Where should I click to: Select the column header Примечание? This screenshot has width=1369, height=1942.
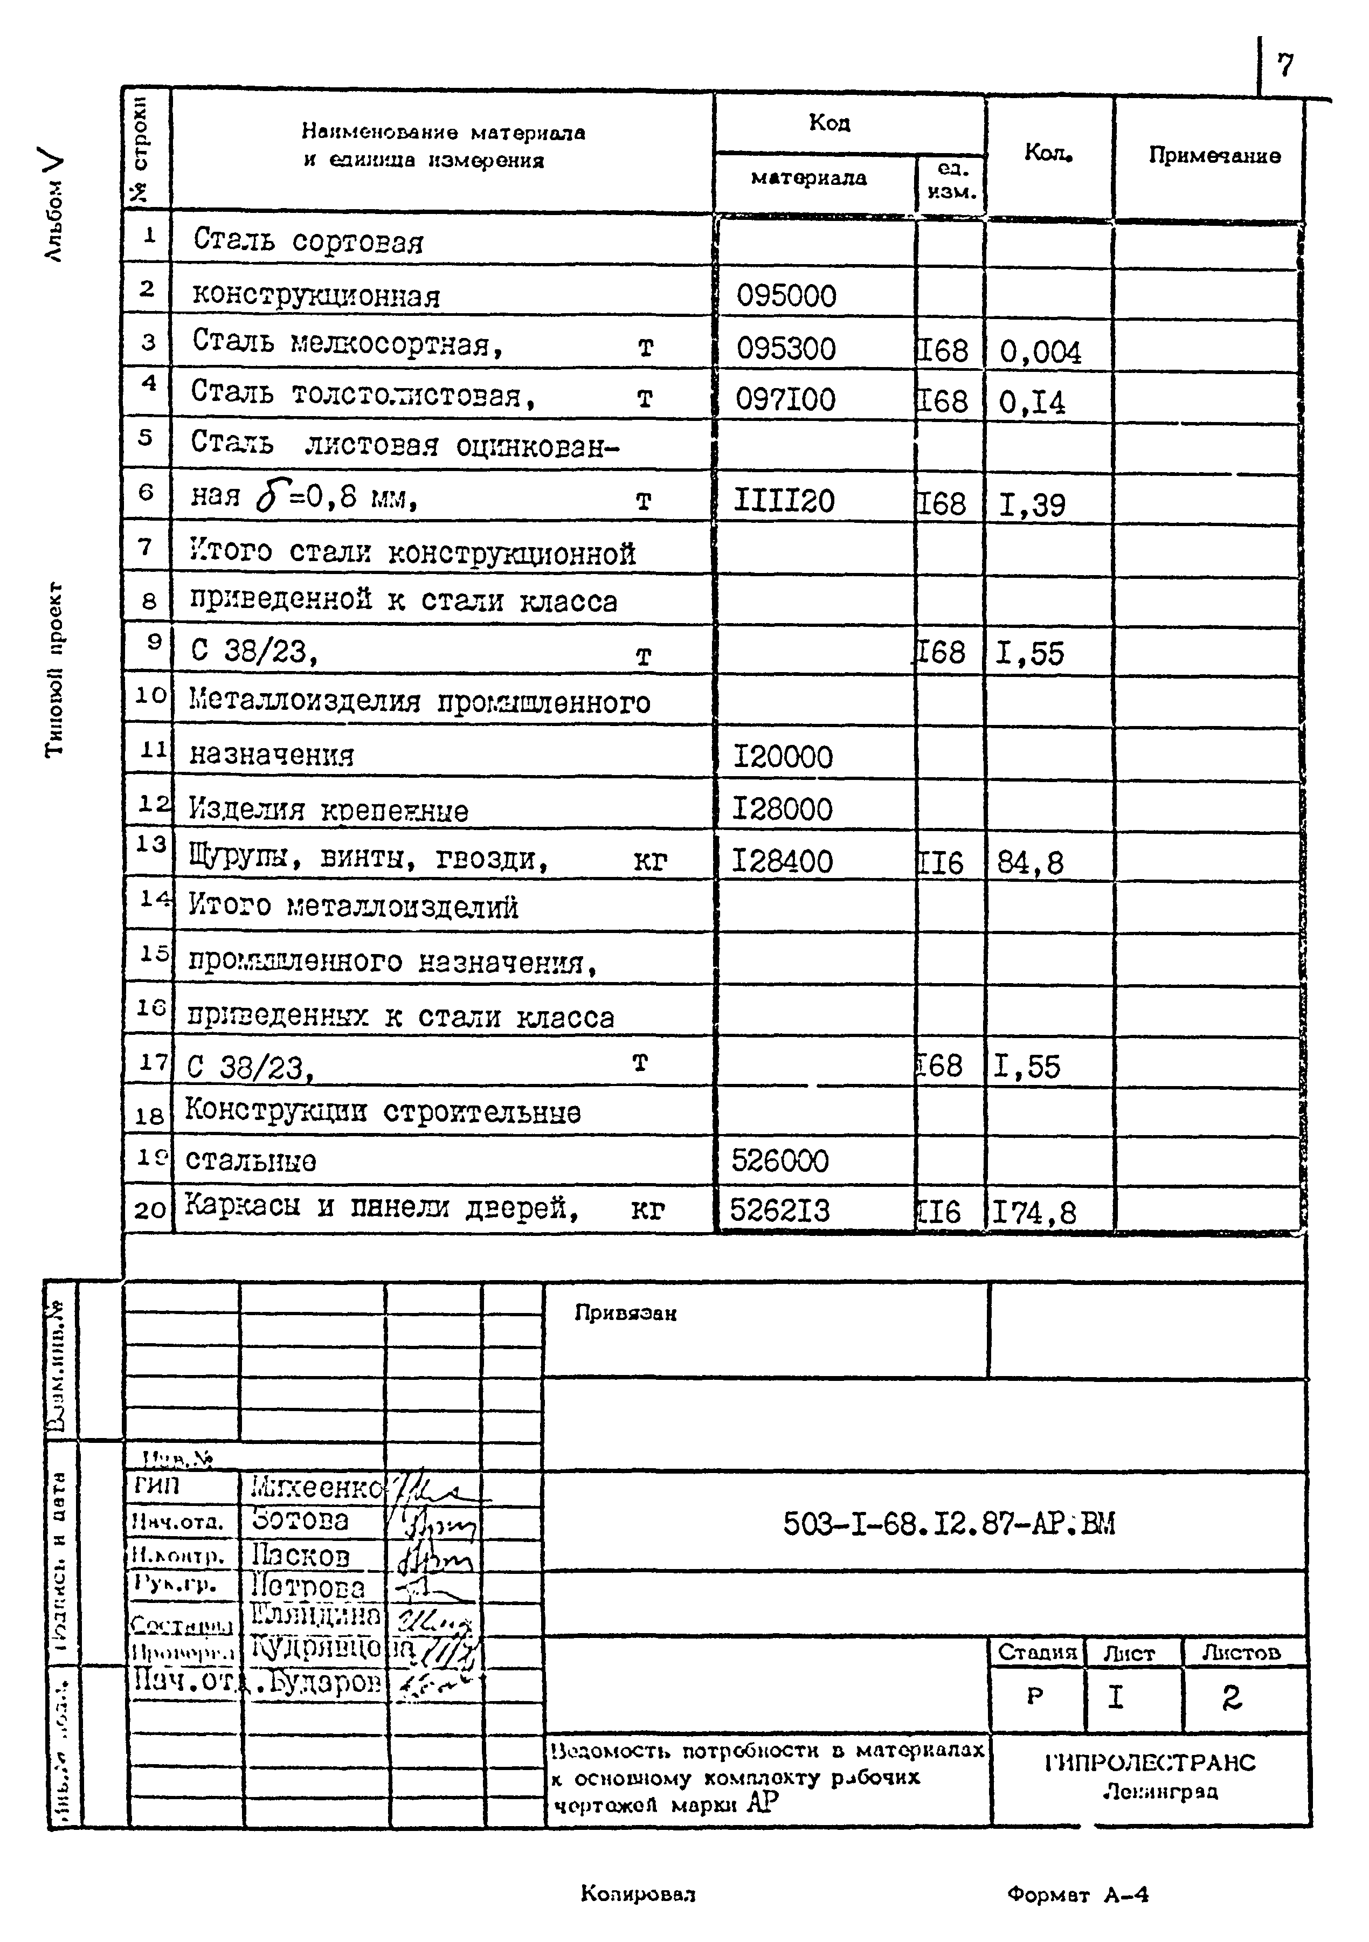(x=1213, y=156)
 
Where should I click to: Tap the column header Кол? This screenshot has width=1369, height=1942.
(x=1048, y=153)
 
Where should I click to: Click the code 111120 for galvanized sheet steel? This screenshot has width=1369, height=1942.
(x=784, y=502)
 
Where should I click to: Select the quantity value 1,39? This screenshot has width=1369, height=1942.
(x=1032, y=505)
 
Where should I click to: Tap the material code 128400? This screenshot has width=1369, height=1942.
(x=782, y=861)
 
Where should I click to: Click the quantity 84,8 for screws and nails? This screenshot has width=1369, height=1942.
(x=1030, y=863)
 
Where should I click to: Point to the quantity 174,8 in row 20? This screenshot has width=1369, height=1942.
(x=1033, y=1213)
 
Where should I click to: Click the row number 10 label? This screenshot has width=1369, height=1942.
(x=150, y=695)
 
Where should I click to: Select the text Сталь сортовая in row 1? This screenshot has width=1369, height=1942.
(x=308, y=241)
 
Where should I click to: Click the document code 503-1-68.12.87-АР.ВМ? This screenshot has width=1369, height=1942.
(x=949, y=1524)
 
